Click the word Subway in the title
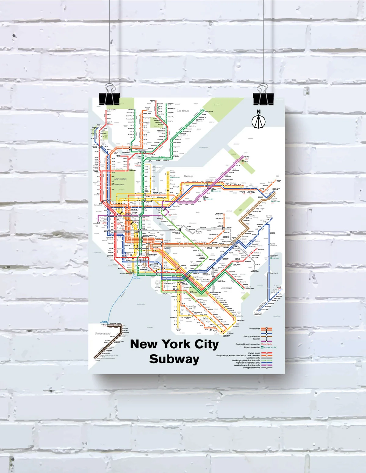(x=174, y=359)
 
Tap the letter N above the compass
(x=259, y=112)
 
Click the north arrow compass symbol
(x=258, y=122)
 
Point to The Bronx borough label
(x=183, y=111)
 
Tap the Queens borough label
(x=188, y=176)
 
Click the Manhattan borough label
(x=120, y=179)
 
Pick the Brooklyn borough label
(x=226, y=288)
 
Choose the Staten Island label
(x=103, y=333)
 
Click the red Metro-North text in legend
(x=266, y=344)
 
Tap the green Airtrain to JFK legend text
(x=270, y=347)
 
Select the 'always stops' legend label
(x=254, y=353)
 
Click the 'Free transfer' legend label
(x=254, y=329)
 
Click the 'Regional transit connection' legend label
(x=248, y=344)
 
